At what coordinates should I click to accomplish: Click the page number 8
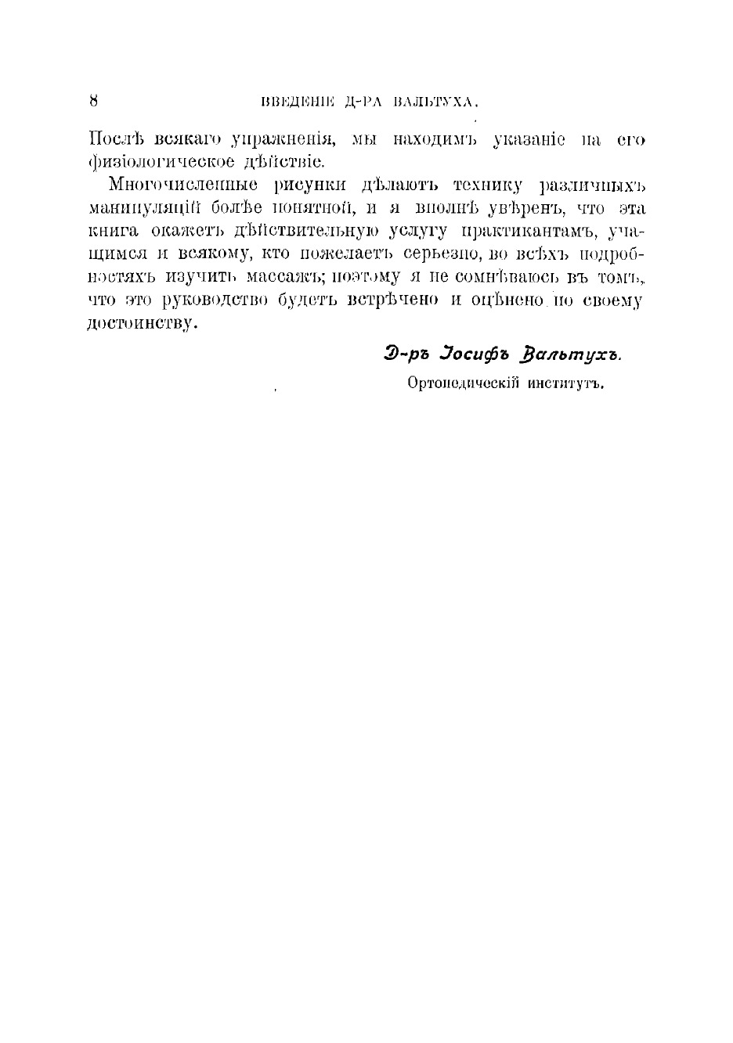[x=93, y=100]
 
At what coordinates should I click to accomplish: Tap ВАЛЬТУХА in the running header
[x=435, y=102]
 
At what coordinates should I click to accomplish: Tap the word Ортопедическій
[x=461, y=383]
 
